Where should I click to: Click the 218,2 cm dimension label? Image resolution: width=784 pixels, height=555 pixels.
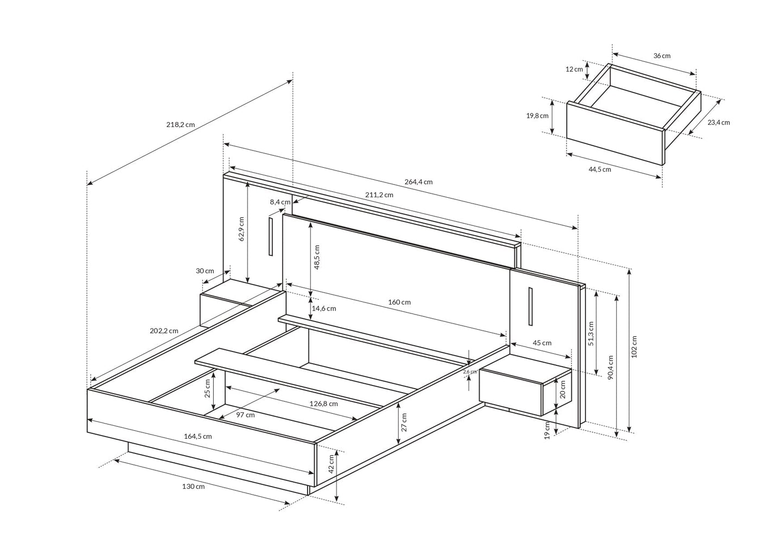click(180, 124)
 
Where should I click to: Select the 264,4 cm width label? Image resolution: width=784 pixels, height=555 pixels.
click(418, 182)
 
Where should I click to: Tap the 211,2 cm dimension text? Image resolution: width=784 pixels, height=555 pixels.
click(379, 194)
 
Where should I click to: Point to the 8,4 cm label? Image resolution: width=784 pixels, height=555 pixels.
click(280, 202)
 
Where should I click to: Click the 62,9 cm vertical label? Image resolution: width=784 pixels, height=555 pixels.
click(241, 229)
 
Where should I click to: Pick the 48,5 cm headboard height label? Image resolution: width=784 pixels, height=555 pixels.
click(317, 257)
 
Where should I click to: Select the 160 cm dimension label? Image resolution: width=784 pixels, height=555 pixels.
click(399, 302)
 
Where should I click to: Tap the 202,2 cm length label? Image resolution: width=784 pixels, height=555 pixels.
click(164, 331)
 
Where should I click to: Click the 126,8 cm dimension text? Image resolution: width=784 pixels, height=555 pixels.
click(324, 403)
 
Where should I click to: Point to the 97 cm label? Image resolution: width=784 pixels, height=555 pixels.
click(245, 415)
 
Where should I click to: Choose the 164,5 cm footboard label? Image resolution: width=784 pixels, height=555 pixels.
click(198, 436)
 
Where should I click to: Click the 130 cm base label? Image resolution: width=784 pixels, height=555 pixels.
click(193, 487)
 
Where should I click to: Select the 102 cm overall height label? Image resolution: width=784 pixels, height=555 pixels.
click(634, 346)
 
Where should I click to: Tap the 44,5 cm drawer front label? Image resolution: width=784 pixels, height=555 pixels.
click(600, 169)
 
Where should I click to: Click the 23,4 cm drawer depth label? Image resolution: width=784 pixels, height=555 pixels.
click(718, 122)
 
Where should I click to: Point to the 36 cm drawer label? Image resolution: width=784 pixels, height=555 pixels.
click(661, 56)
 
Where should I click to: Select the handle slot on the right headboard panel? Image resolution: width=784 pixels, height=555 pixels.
click(530, 307)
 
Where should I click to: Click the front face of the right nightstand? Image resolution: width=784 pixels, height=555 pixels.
click(511, 392)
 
